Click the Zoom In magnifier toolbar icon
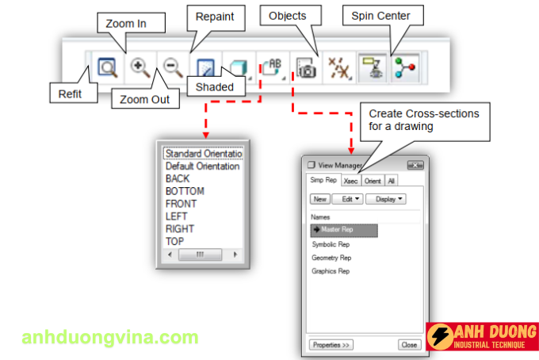pyautogui.click(x=140, y=68)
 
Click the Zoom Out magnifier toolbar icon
pyautogui.click(x=173, y=67)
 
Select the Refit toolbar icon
pyautogui.click(x=108, y=67)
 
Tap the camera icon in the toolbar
pyautogui.click(x=306, y=67)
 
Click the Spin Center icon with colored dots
pyautogui.click(x=404, y=67)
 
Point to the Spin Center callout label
pyautogui.click(x=380, y=16)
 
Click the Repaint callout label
pyautogui.click(x=215, y=17)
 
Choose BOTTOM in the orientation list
pyautogui.click(x=185, y=191)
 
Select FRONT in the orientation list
pyautogui.click(x=182, y=204)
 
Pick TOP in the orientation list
pyautogui.click(x=174, y=241)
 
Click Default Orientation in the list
pyautogui.click(x=202, y=167)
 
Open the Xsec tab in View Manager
pyautogui.click(x=350, y=181)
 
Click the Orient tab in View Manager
pyautogui.click(x=373, y=181)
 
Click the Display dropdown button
pyautogui.click(x=386, y=199)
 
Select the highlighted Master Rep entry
pyautogui.click(x=344, y=230)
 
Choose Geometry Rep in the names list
pyautogui.click(x=331, y=258)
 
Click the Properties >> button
pyautogui.click(x=331, y=345)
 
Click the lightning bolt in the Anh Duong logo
pyautogui.click(x=441, y=336)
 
